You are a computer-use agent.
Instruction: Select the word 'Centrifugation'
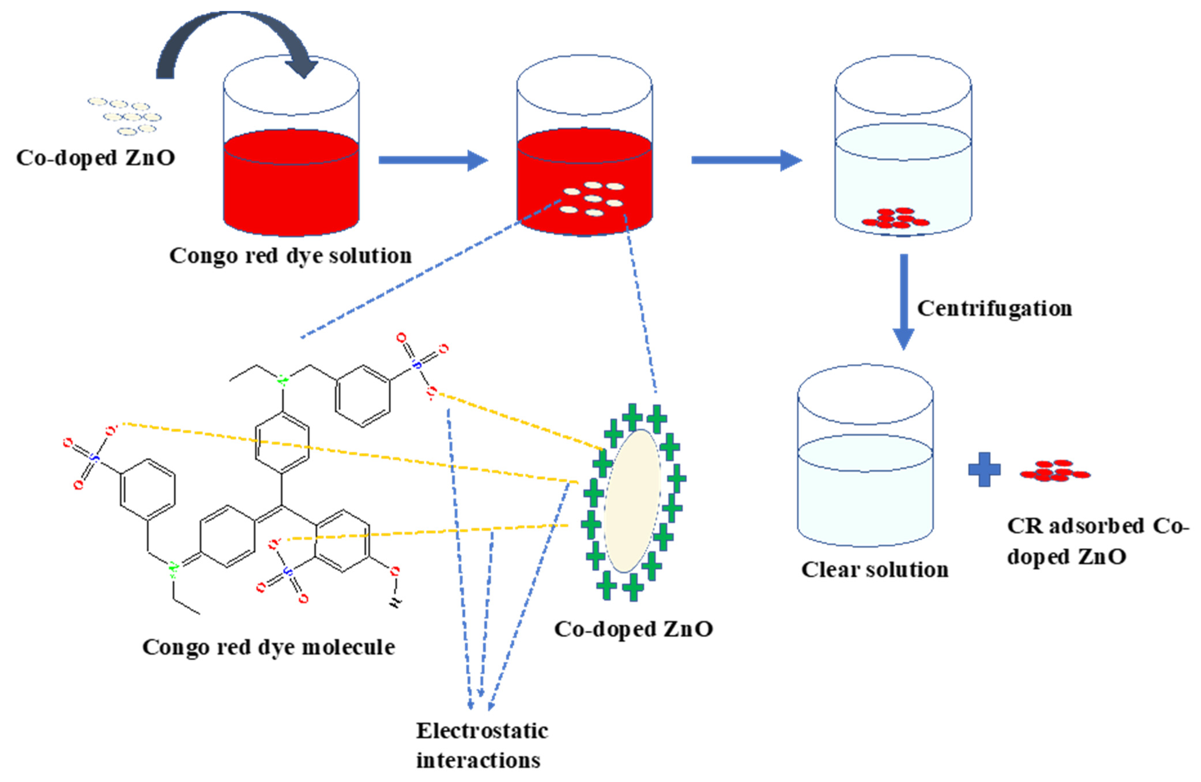click(x=994, y=308)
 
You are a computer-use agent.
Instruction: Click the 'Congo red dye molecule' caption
click(x=269, y=647)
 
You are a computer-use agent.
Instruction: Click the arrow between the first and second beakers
click(x=433, y=160)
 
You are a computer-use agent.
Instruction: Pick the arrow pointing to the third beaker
click(x=746, y=160)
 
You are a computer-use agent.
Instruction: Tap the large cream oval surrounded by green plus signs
click(x=632, y=501)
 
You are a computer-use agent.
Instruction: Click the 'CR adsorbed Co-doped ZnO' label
click(x=1098, y=541)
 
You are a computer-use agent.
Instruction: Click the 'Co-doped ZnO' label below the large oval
click(x=633, y=629)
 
